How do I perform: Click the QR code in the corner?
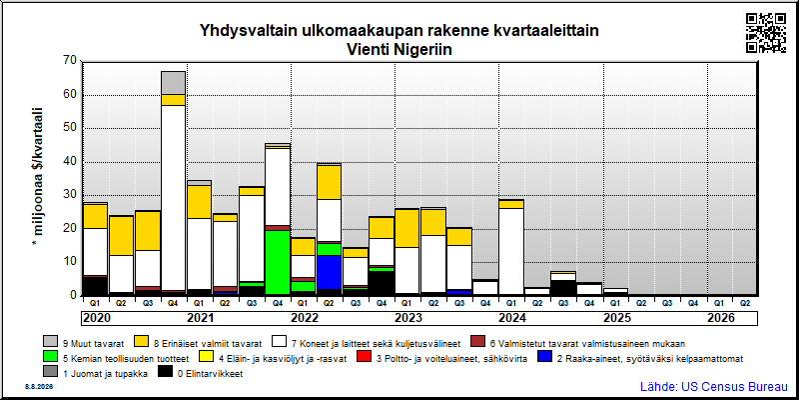click(x=766, y=33)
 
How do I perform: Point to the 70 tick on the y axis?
click(x=71, y=61)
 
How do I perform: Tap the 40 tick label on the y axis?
click(x=71, y=162)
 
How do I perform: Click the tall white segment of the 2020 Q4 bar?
click(x=173, y=198)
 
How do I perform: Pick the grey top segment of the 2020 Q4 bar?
click(x=173, y=83)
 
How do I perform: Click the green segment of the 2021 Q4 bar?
click(x=278, y=262)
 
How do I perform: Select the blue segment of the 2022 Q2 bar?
click(x=330, y=272)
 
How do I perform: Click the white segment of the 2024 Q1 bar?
click(x=511, y=252)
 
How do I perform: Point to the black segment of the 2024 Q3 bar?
click(x=563, y=287)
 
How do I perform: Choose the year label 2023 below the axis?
click(x=408, y=318)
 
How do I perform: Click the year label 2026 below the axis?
click(x=721, y=318)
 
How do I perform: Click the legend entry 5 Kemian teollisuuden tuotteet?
click(x=117, y=358)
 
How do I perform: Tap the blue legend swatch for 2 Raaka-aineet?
click(x=544, y=358)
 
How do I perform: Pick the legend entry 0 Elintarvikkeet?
click(x=201, y=373)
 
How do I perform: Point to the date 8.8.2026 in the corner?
click(x=38, y=386)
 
